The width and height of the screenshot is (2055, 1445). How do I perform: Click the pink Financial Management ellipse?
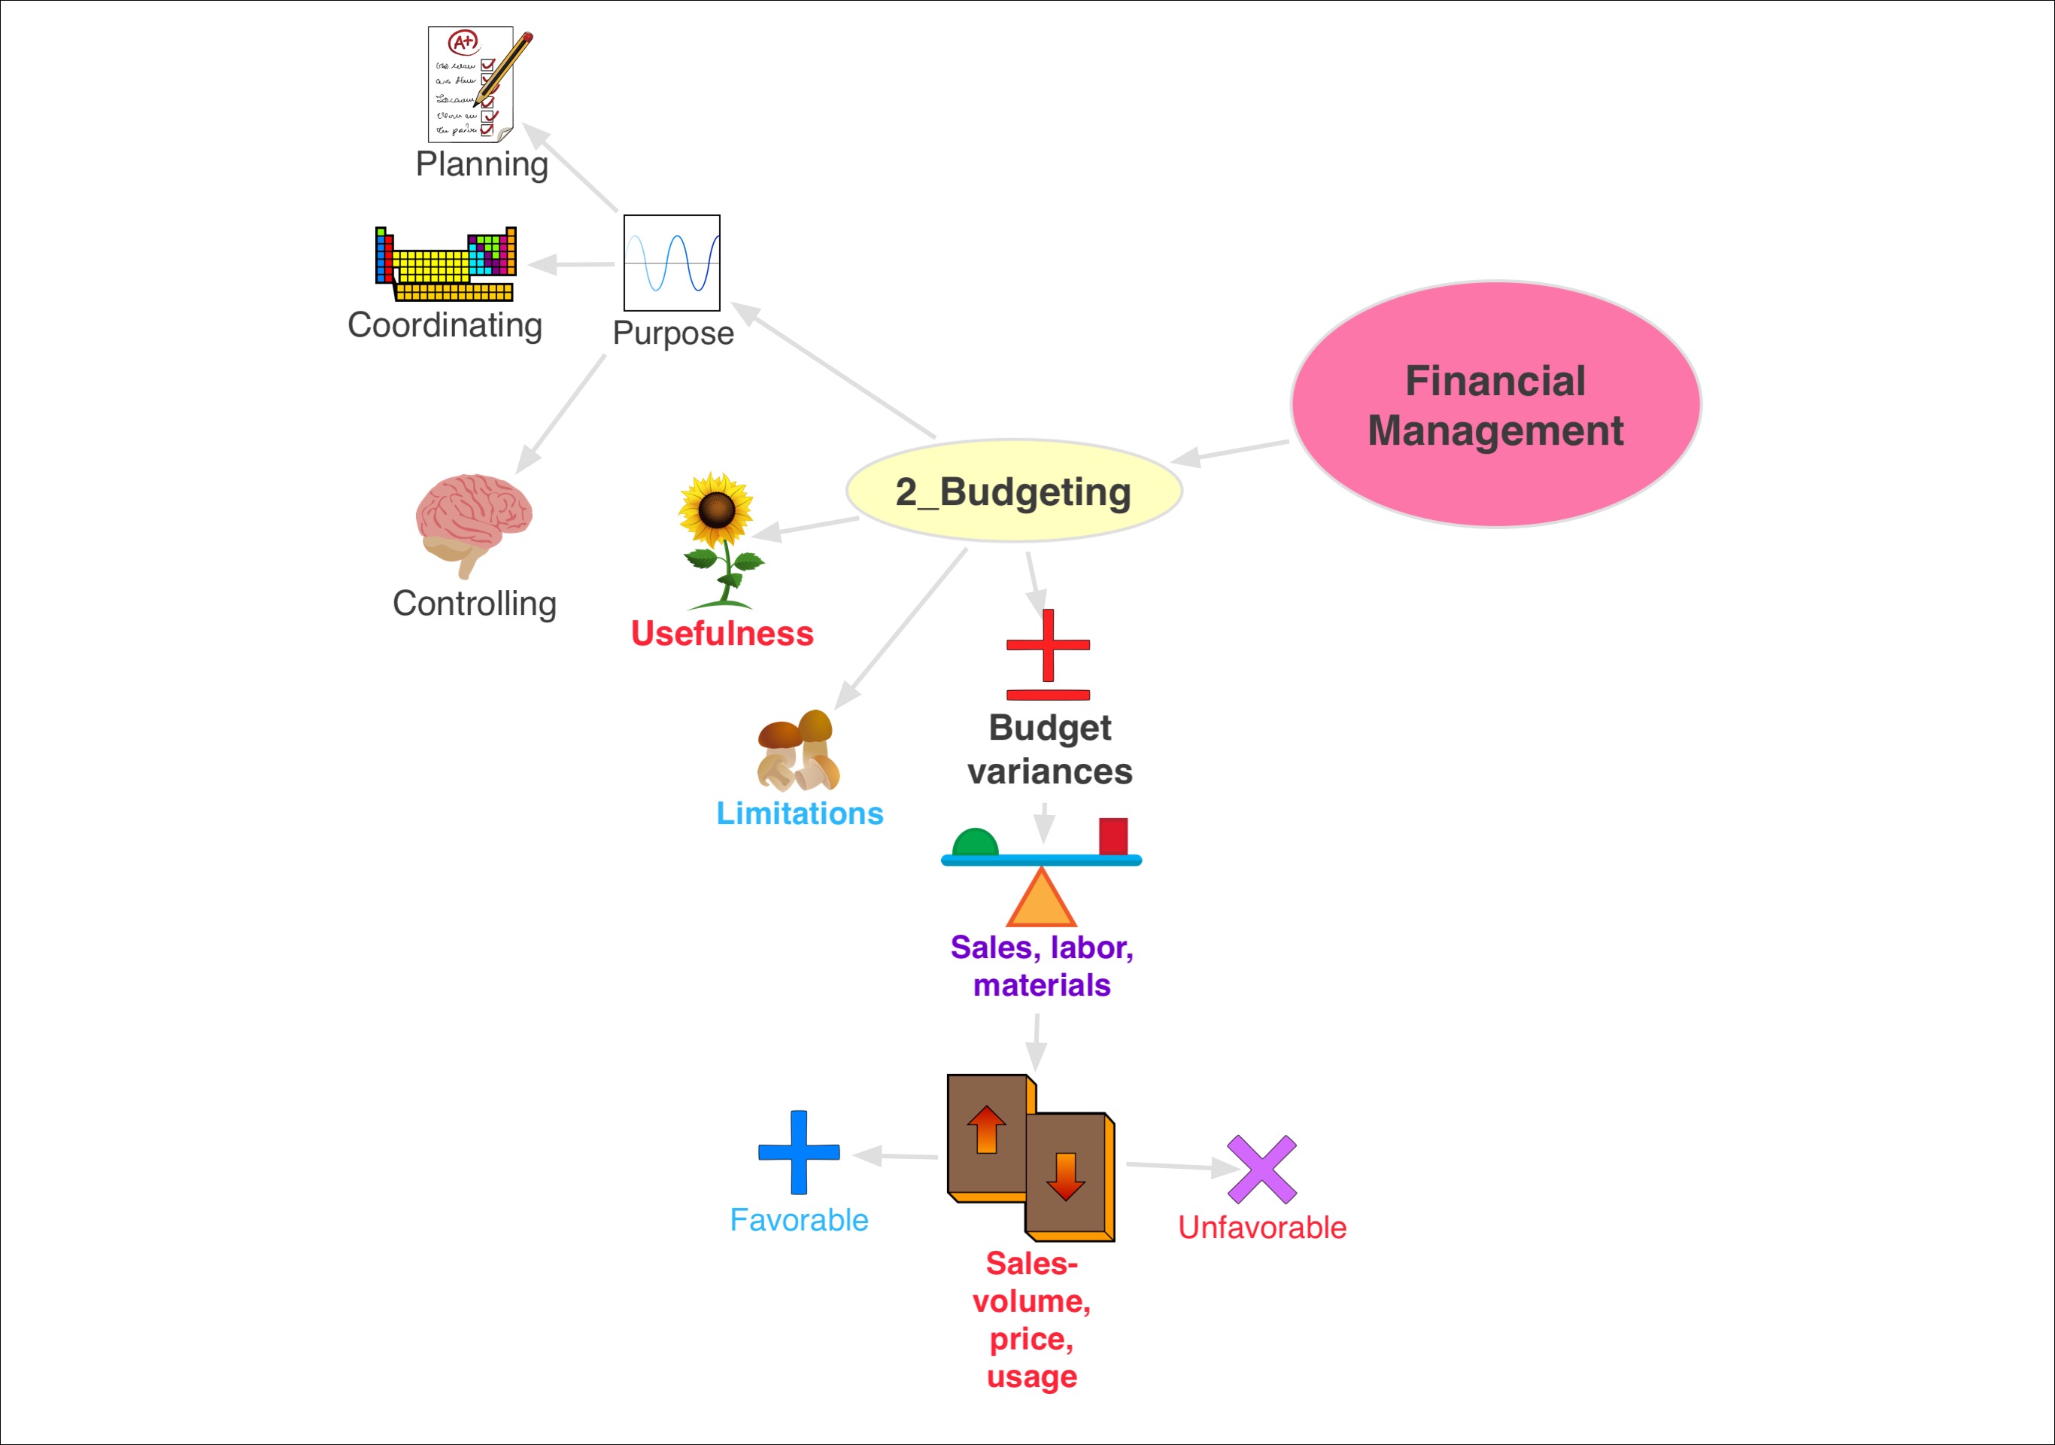pos(1495,405)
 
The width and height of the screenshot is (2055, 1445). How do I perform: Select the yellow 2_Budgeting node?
pos(1014,491)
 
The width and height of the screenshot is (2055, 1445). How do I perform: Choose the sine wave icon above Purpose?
pos(671,263)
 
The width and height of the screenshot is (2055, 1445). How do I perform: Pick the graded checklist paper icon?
pos(480,84)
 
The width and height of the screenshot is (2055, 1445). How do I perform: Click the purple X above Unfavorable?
pos(1262,1170)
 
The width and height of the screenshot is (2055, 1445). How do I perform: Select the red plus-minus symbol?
pos(1048,655)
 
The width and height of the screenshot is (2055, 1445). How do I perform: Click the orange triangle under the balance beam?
pos(1041,897)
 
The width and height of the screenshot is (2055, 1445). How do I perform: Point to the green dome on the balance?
pos(975,842)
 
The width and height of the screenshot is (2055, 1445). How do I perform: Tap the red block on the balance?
pos(1113,836)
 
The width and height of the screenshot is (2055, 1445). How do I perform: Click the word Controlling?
pos(475,604)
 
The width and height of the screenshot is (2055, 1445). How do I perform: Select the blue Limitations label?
pos(800,813)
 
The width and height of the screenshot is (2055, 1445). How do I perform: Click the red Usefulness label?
pos(722,633)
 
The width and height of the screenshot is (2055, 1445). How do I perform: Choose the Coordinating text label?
pos(445,325)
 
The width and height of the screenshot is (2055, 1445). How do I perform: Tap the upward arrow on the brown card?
pos(986,1129)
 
